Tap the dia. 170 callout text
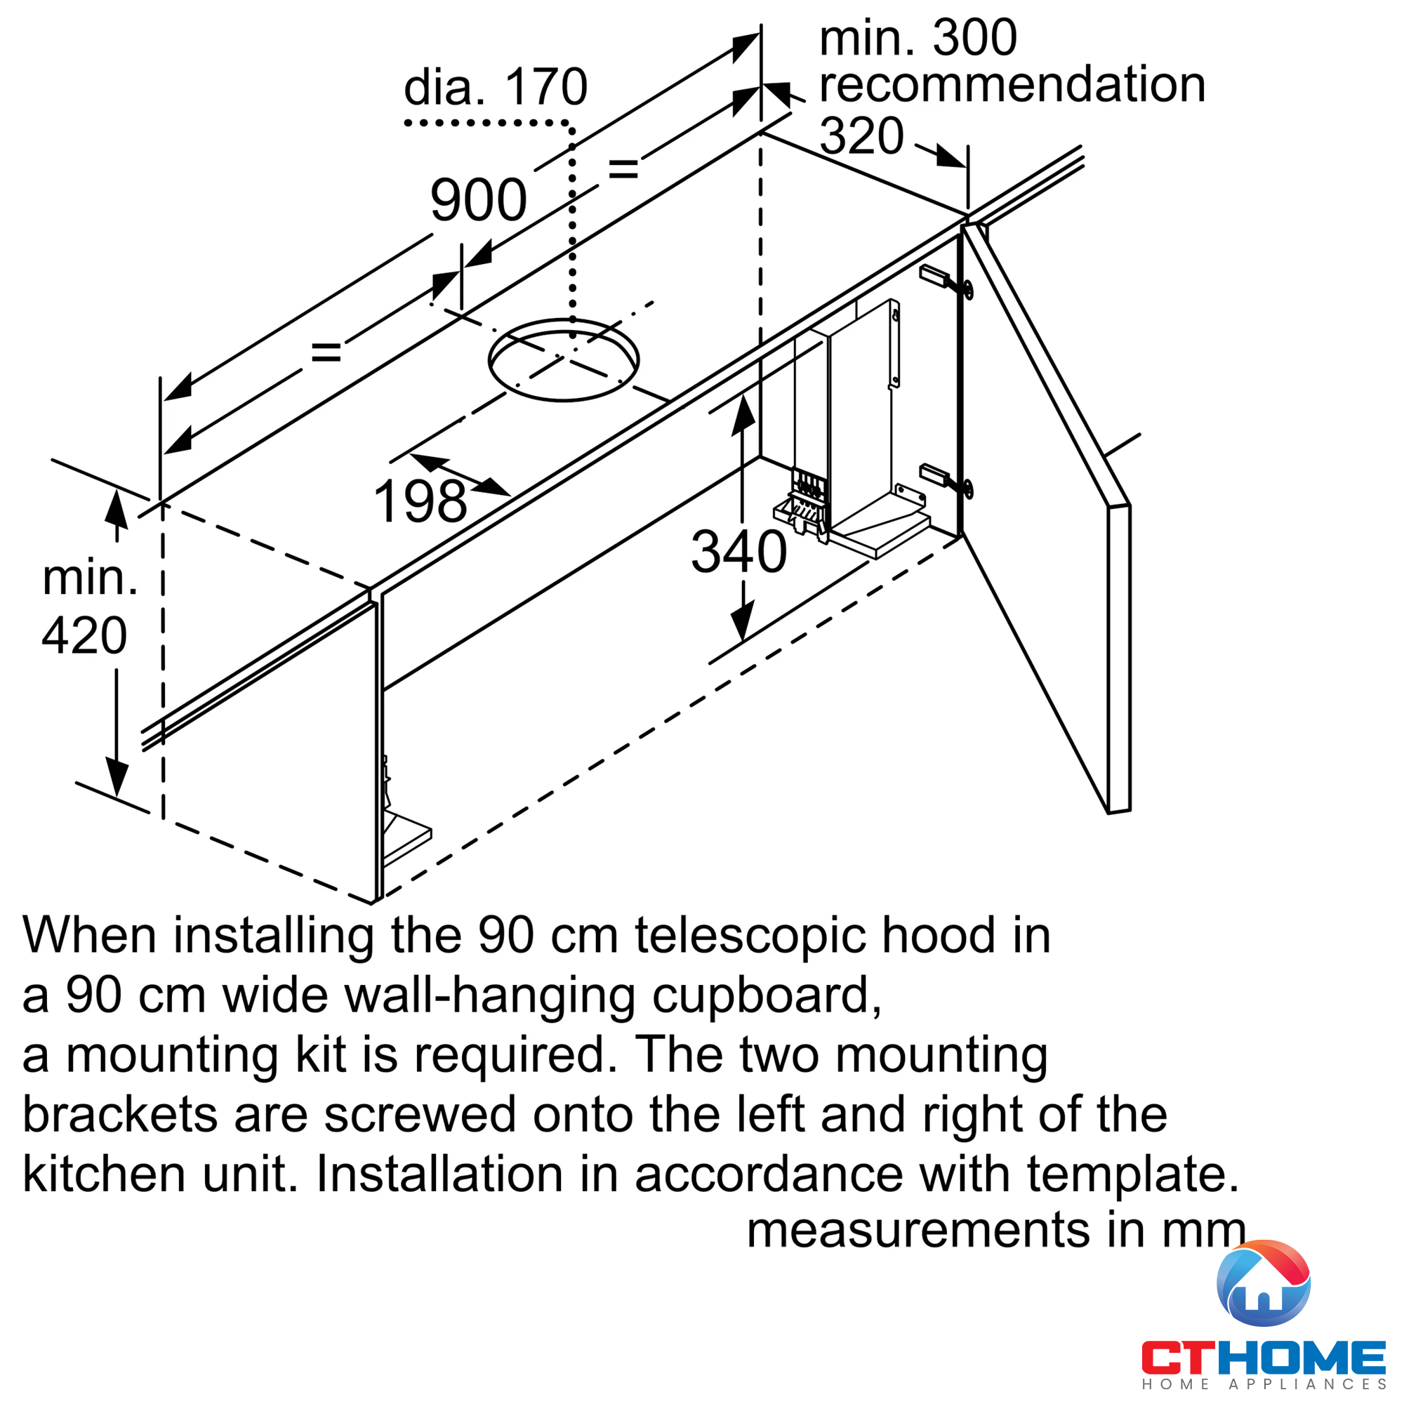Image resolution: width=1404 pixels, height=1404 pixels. (x=495, y=87)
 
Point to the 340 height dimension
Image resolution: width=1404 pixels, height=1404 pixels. (x=739, y=552)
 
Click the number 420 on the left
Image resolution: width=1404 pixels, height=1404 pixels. (x=84, y=636)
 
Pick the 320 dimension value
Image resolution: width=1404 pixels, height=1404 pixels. (x=861, y=136)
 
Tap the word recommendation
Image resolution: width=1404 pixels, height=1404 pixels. (x=1012, y=84)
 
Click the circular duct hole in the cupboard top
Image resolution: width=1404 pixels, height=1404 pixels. (x=563, y=359)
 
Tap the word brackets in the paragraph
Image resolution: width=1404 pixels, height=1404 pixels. (x=120, y=1115)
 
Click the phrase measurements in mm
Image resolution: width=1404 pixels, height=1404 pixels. (x=996, y=1231)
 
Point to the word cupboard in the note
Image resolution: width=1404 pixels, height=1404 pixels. (x=766, y=995)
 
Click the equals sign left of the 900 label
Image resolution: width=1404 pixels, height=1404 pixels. (x=326, y=353)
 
